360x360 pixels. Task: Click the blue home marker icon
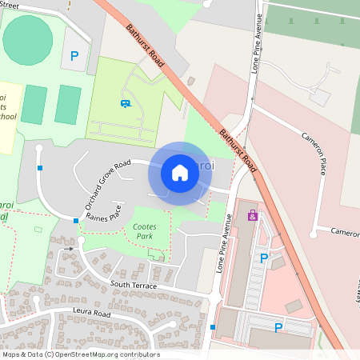[x=180, y=173]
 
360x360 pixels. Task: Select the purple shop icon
[x=253, y=215]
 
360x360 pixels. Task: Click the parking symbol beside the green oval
[x=74, y=56]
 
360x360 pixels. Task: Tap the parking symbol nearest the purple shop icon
[x=263, y=258]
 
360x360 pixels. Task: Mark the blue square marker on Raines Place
[x=76, y=220]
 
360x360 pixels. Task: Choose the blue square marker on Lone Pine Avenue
[x=213, y=326]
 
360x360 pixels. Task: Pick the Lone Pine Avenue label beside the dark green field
[x=258, y=49]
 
